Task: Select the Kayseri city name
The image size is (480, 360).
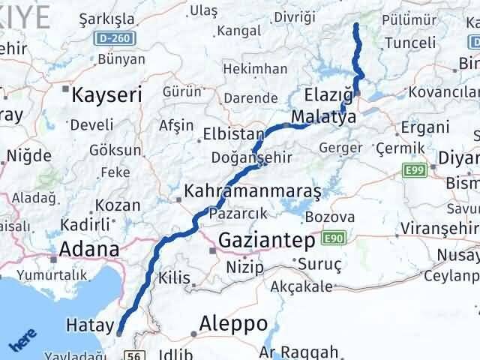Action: tap(106, 95)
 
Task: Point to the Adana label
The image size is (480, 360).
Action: tap(88, 249)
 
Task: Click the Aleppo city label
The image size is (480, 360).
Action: tap(233, 323)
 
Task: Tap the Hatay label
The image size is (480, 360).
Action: tap(88, 326)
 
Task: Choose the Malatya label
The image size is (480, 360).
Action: tap(324, 118)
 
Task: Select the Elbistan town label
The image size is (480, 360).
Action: tap(232, 136)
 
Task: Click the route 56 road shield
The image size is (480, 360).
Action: tap(135, 355)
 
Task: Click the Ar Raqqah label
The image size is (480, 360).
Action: tap(299, 352)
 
